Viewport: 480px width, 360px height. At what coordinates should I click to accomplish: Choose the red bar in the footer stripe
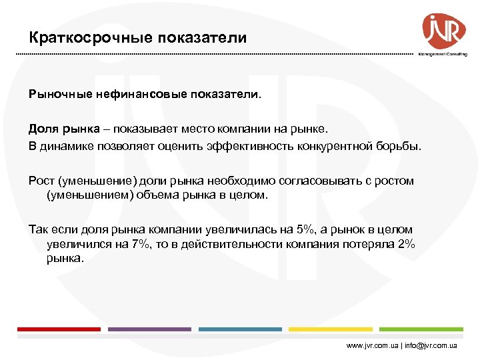pos(59,329)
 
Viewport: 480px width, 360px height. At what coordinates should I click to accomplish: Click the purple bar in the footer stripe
pos(149,329)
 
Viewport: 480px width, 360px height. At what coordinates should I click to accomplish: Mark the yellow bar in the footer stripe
pos(331,329)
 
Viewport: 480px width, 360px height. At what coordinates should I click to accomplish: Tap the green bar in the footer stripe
pos(421,329)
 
